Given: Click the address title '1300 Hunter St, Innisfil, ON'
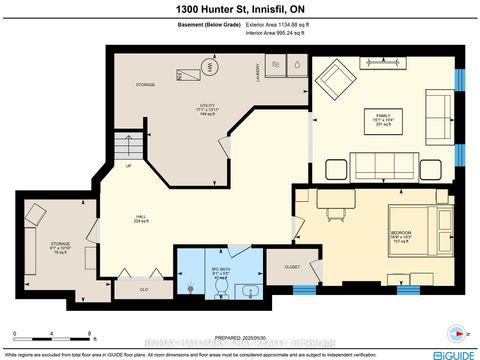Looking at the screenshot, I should [x=239, y=9].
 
